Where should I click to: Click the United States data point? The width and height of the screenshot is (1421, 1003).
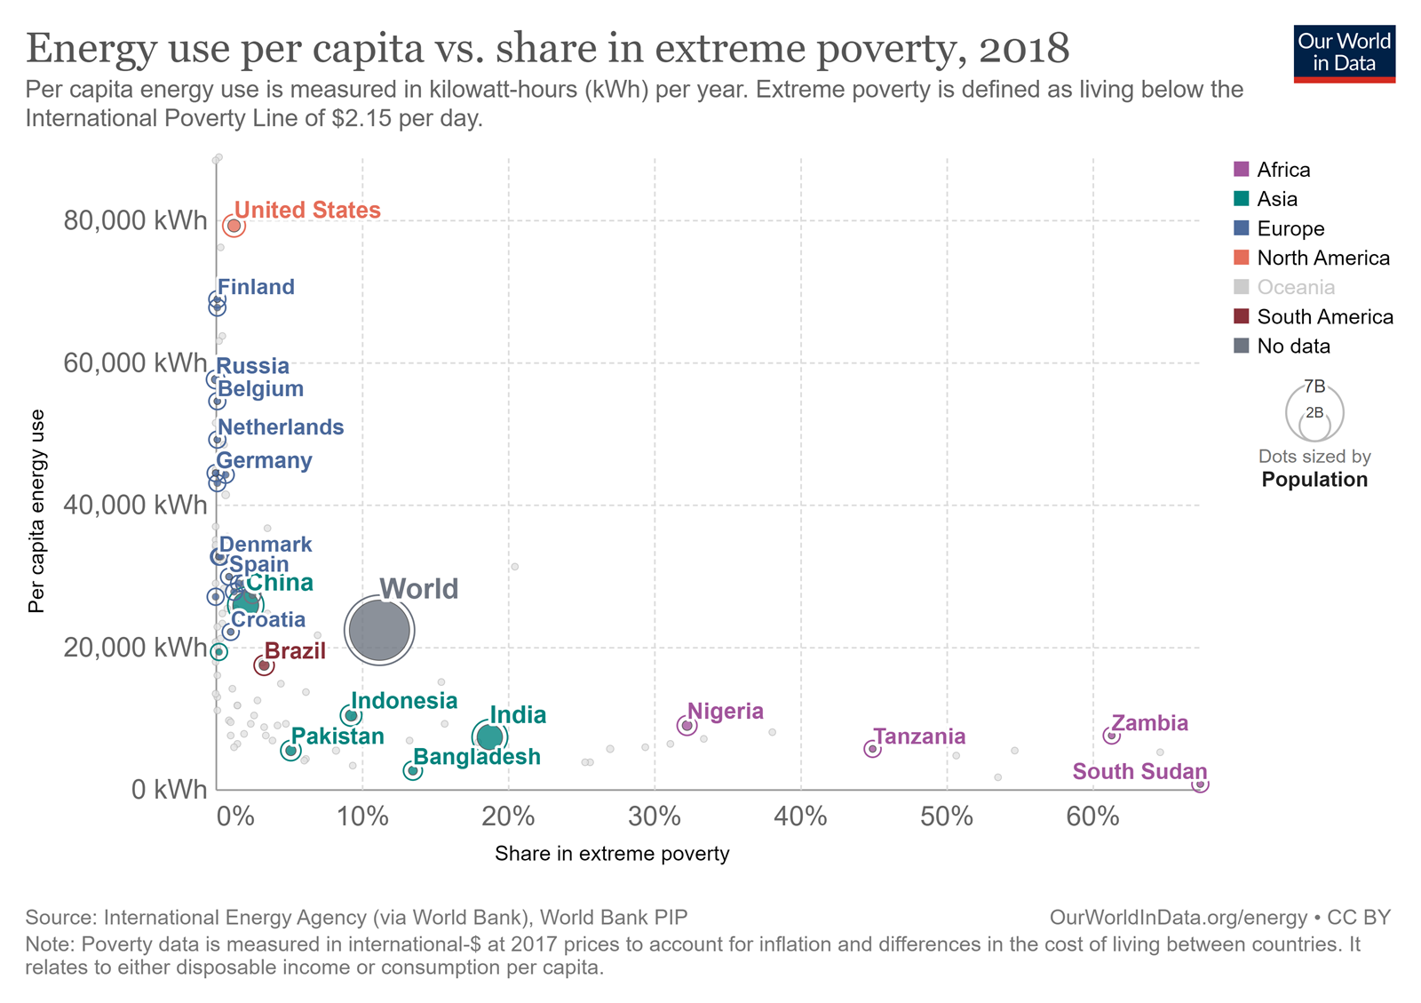pyautogui.click(x=234, y=226)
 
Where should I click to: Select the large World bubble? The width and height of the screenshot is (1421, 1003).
pyautogui.click(x=379, y=630)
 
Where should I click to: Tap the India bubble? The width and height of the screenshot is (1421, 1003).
pyautogui.click(x=489, y=736)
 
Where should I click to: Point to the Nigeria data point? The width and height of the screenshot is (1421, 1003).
pyautogui.click(x=687, y=726)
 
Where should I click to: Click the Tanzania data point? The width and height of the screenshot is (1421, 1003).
pyautogui.click(x=872, y=749)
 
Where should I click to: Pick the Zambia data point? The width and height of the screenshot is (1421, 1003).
pyautogui.click(x=1111, y=736)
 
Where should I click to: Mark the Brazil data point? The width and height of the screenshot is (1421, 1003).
pyautogui.click(x=264, y=665)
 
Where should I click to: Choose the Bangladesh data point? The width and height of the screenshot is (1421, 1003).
pyautogui.click(x=413, y=770)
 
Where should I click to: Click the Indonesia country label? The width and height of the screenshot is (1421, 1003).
pyautogui.click(x=404, y=701)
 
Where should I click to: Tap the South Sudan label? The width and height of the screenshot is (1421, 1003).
pyautogui.click(x=1139, y=771)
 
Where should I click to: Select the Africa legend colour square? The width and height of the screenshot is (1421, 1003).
pyautogui.click(x=1242, y=169)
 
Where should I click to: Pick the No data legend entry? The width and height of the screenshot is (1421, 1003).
pyautogui.click(x=1293, y=346)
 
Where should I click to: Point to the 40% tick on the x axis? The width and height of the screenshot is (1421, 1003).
pyautogui.click(x=800, y=816)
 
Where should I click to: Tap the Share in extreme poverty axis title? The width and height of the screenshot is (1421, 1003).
pyautogui.click(x=612, y=854)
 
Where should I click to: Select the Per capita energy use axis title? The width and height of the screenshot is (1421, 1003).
pyautogui.click(x=36, y=511)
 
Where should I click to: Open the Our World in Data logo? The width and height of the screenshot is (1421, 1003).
pyautogui.click(x=1344, y=53)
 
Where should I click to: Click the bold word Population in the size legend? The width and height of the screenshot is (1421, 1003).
pyautogui.click(x=1314, y=480)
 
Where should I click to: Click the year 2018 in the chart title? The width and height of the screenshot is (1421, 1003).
pyautogui.click(x=1024, y=49)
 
